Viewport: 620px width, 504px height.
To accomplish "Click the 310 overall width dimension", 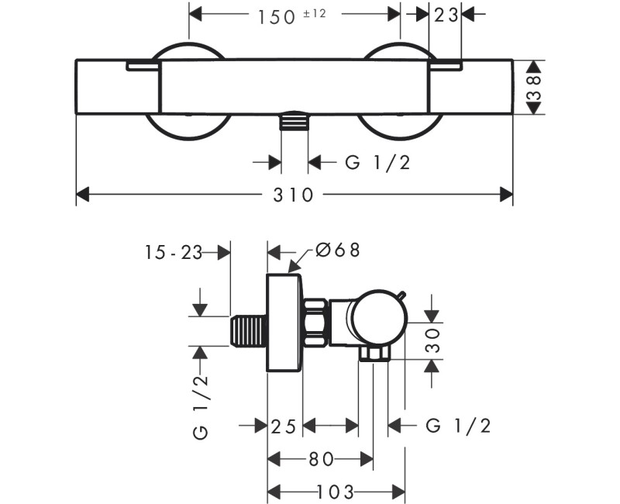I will click(294, 195).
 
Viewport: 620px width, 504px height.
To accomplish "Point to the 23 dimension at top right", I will click(446, 16).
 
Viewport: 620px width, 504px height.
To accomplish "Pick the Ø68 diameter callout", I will click(339, 250).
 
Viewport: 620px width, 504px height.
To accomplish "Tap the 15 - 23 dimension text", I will click(173, 251).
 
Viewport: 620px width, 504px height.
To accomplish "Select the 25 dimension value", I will click(284, 425).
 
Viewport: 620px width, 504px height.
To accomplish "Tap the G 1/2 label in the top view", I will click(376, 162).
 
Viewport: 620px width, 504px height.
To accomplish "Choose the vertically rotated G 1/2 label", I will click(201, 406).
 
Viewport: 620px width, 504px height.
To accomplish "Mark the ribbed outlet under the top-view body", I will click(294, 123).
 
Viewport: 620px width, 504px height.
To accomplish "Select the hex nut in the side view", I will click(315, 324).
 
